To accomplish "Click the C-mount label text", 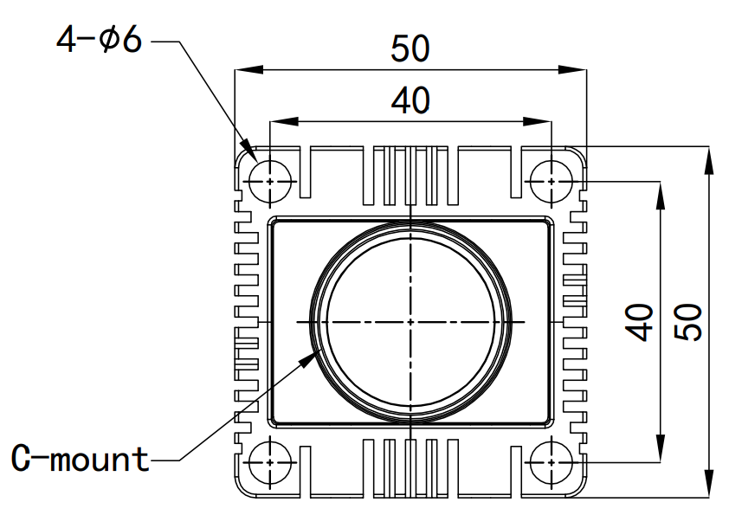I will [81, 459].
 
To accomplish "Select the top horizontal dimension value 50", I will [410, 49].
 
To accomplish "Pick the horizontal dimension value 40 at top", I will [410, 101].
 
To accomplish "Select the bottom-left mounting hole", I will [270, 461].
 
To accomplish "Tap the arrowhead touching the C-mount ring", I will [309, 356].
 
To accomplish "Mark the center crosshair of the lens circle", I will [410, 321].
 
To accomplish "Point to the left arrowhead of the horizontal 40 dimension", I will [278, 122].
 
